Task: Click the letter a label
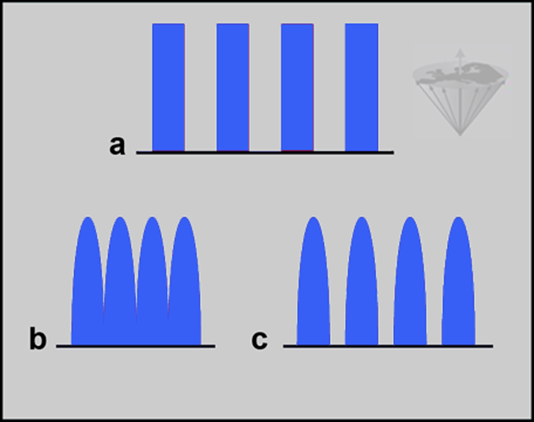(x=117, y=145)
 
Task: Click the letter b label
(x=38, y=338)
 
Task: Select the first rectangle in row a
(x=169, y=87)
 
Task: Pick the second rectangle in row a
(x=233, y=87)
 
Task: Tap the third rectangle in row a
(x=297, y=87)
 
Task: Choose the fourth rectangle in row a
(x=362, y=87)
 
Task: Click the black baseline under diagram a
(x=265, y=153)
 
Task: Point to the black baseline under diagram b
(x=136, y=346)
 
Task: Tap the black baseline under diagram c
(x=388, y=346)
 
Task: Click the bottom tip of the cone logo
(x=460, y=135)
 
